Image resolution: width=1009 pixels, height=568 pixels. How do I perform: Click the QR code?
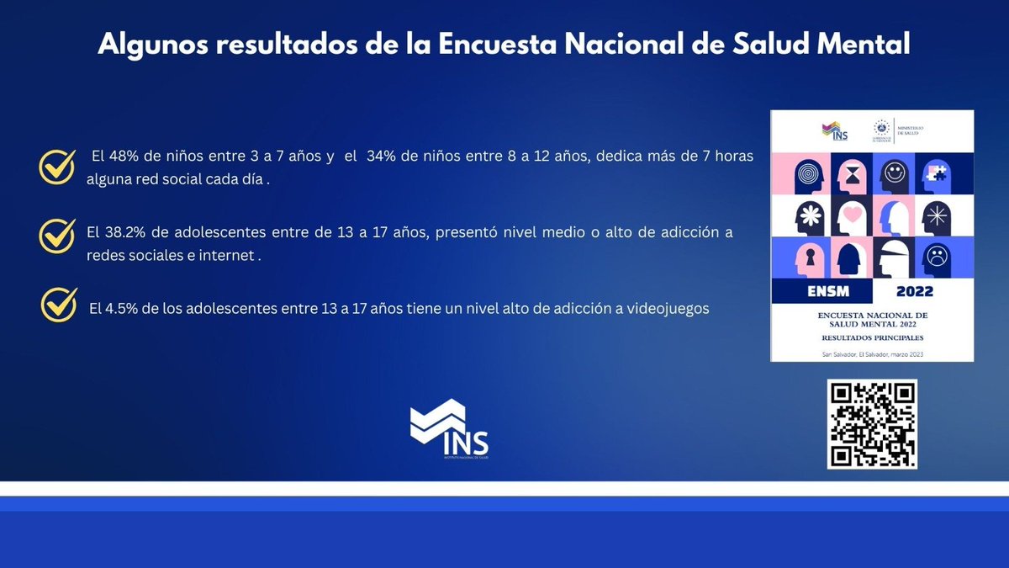click(x=872, y=424)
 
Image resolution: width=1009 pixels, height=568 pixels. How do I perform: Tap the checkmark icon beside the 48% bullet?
click(x=58, y=166)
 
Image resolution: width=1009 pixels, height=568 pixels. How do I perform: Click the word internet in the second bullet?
click(x=226, y=256)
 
